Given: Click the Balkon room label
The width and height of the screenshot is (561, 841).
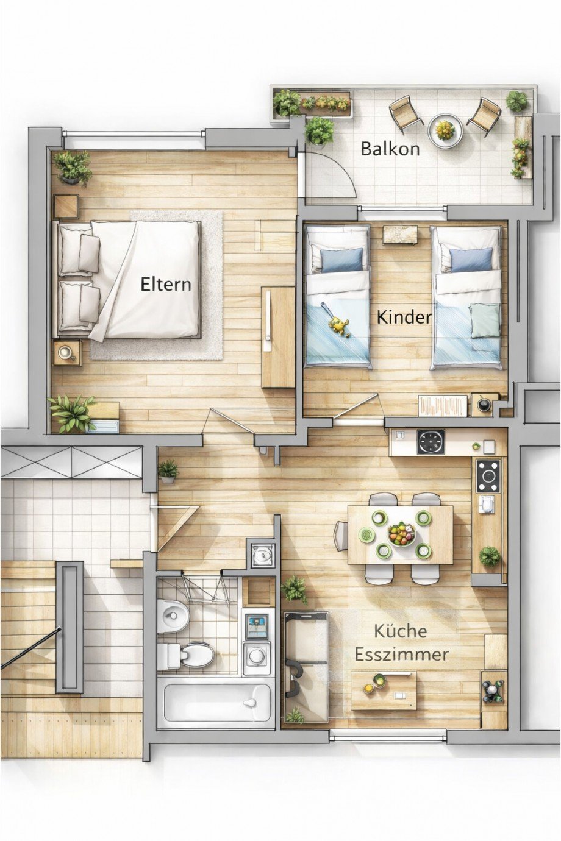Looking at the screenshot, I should pyautogui.click(x=390, y=148).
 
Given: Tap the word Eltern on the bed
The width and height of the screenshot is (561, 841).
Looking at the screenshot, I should pyautogui.click(x=165, y=284).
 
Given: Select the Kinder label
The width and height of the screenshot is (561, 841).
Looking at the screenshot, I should pyautogui.click(x=404, y=317).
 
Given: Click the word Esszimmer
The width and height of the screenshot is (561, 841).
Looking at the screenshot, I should pyautogui.click(x=401, y=655).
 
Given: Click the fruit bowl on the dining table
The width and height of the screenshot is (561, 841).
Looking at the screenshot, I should pyautogui.click(x=401, y=535).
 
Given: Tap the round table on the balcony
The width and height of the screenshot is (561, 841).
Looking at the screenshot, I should pyautogui.click(x=445, y=130).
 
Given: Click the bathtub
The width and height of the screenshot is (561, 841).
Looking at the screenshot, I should pyautogui.click(x=216, y=702).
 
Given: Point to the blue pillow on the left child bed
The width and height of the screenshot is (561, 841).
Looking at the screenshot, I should pyautogui.click(x=341, y=260).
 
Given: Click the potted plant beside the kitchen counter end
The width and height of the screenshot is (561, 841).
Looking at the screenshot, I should pyautogui.click(x=489, y=556).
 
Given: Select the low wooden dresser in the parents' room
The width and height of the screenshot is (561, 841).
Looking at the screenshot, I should pyautogui.click(x=277, y=337).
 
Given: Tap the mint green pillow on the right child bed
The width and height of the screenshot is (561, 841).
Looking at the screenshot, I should pyautogui.click(x=484, y=321).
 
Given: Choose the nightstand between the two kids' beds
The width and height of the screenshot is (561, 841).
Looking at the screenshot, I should pyautogui.click(x=400, y=235).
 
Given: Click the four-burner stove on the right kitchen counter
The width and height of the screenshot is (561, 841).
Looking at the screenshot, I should pyautogui.click(x=488, y=475).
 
